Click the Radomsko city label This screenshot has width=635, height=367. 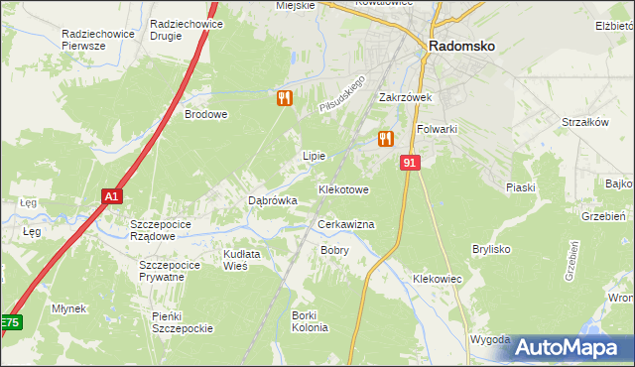click(462, 45)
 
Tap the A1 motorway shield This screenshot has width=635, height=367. click(112, 196)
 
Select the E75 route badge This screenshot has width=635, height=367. click(10, 323)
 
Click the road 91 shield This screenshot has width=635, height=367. click(410, 162)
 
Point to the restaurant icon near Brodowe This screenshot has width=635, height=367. click(284, 98)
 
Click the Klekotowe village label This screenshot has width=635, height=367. click(343, 188)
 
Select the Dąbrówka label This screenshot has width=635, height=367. click(272, 200)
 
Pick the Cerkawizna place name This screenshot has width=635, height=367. click(345, 225)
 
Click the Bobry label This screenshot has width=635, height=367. click(334, 250)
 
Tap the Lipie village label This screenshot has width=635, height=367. click(314, 156)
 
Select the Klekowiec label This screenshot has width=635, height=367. click(438, 280)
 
